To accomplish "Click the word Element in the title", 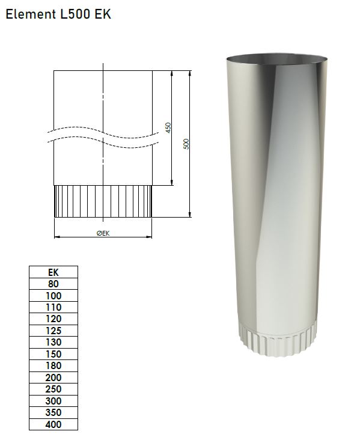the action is click(x=31, y=14).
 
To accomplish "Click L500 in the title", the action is click(x=75, y=14).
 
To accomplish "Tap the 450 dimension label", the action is click(x=168, y=127).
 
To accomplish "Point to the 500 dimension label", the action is click(x=186, y=144).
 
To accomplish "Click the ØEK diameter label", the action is click(x=103, y=233).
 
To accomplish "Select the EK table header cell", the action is click(x=53, y=272).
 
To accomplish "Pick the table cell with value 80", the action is click(x=53, y=284).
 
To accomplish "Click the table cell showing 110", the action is click(x=53, y=307).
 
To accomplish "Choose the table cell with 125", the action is click(x=53, y=331).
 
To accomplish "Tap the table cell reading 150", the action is click(x=53, y=354).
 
